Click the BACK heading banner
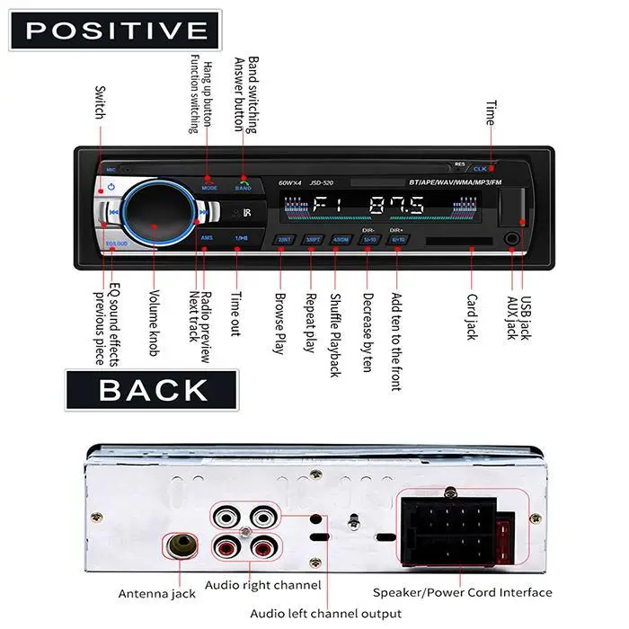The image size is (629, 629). [152, 389]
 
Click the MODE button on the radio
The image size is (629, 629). [209, 183]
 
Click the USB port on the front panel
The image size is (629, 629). [509, 207]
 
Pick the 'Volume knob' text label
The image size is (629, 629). [155, 319]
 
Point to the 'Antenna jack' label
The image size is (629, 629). [157, 593]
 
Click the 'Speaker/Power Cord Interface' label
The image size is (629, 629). [463, 592]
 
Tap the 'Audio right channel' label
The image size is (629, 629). [262, 585]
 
